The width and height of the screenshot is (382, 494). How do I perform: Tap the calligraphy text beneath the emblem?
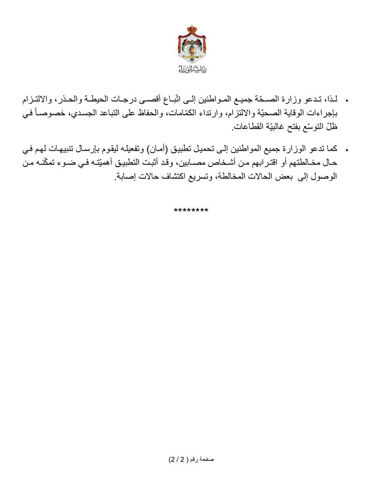pyautogui.click(x=192, y=68)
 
